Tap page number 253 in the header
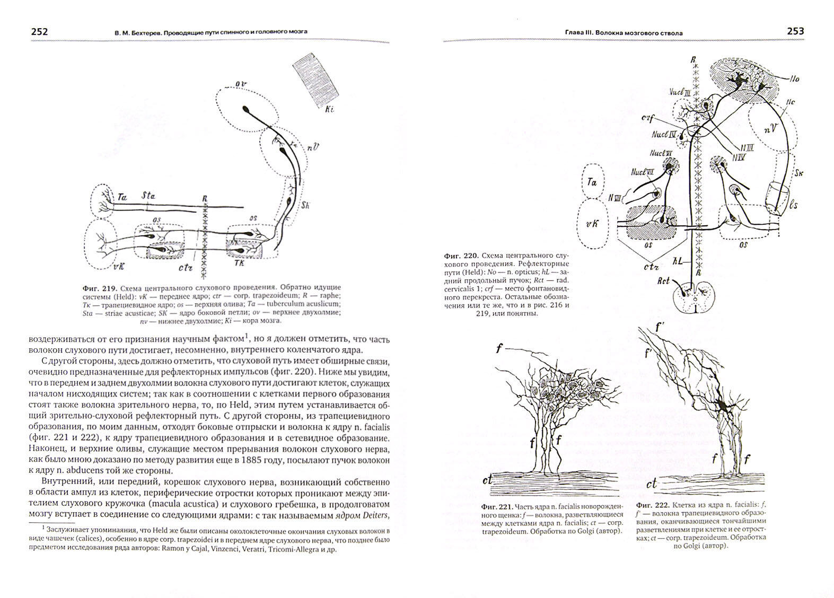click(x=795, y=31)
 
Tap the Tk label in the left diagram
click(x=238, y=262)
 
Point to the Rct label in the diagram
click(x=663, y=282)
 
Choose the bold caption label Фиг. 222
click(x=652, y=505)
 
